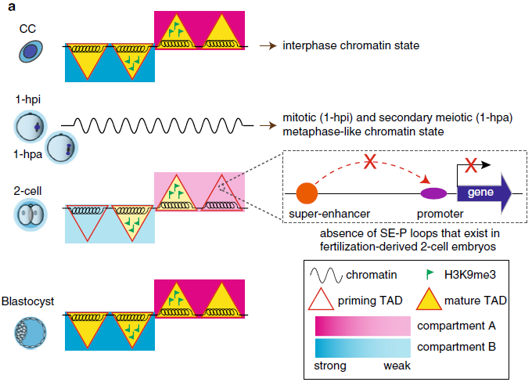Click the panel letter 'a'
click(8, 7)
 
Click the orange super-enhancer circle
click(307, 191)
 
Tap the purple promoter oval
click(433, 192)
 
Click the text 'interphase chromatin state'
click(351, 46)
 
